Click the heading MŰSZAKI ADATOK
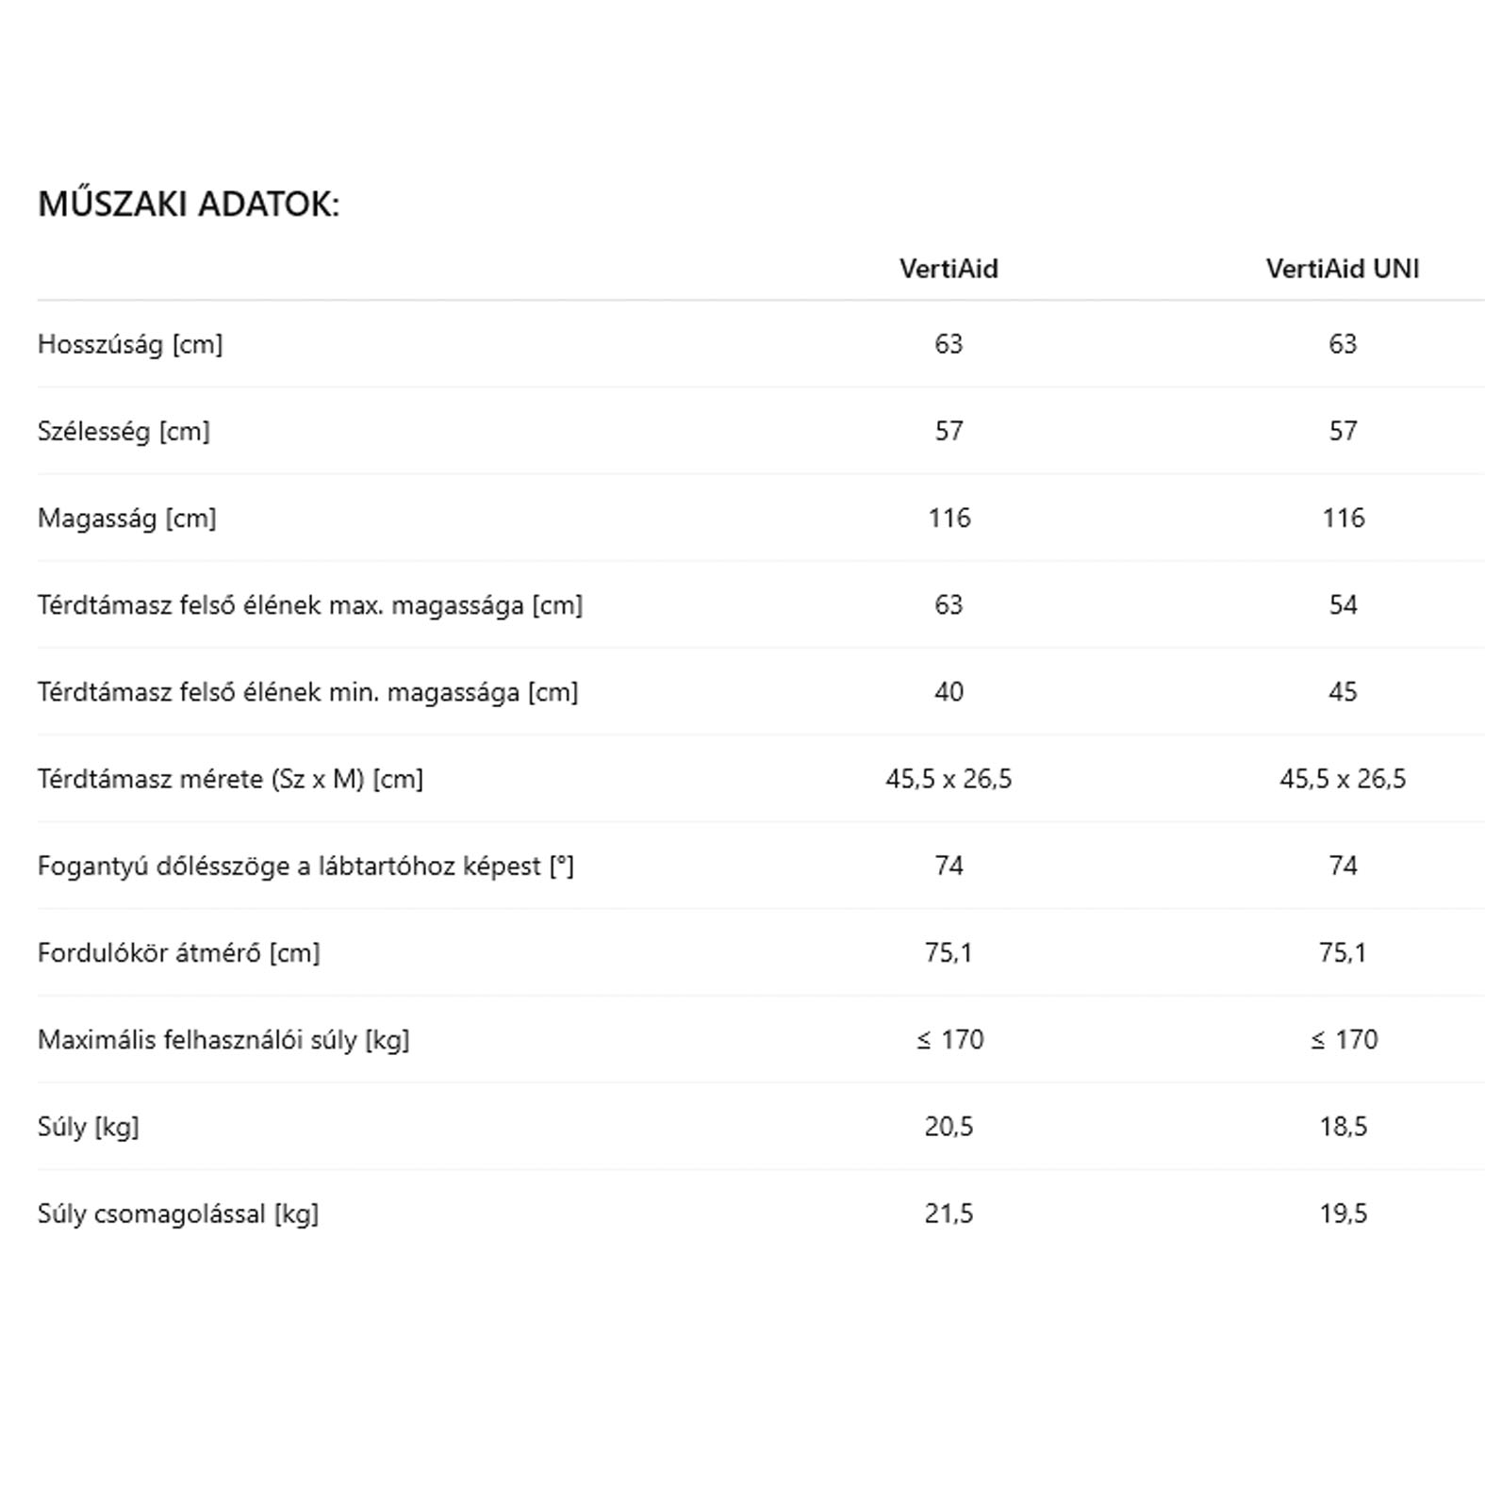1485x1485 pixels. tap(189, 204)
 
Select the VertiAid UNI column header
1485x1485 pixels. tap(1342, 269)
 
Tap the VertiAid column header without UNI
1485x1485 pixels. tap(949, 269)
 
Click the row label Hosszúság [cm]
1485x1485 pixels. tap(130, 344)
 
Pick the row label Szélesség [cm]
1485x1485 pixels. tap(124, 431)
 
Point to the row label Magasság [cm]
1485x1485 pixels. tap(127, 518)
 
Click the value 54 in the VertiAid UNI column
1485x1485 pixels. tap(1343, 604)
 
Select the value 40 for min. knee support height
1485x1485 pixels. tap(949, 692)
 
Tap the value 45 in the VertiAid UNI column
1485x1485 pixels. tap(1343, 692)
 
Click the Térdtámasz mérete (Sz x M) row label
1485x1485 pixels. tap(230, 779)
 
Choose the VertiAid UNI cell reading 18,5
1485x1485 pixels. tap(1343, 1126)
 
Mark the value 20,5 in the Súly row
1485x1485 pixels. tap(949, 1126)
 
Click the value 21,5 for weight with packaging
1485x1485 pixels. tap(949, 1213)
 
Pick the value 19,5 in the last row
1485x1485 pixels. tap(1343, 1213)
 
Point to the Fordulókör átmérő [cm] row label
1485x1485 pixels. tap(179, 952)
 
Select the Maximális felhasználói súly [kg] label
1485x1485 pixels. tap(223, 1039)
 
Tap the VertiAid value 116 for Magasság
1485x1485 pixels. tap(949, 518)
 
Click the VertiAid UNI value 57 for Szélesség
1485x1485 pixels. tap(1343, 431)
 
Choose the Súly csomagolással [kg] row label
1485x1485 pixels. tap(178, 1213)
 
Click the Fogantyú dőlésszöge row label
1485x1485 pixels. tap(305, 866)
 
